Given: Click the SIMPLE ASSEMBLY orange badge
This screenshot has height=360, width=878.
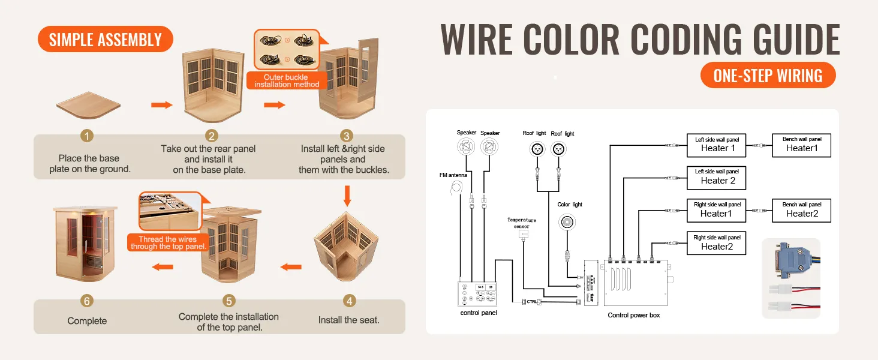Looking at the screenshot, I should (x=106, y=40).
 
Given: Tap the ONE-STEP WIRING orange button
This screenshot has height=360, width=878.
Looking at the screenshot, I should (x=768, y=76).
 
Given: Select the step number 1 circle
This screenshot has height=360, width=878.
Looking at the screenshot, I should (x=88, y=136).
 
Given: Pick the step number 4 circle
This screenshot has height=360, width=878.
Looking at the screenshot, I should (x=348, y=300).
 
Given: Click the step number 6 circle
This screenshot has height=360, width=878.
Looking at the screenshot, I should (x=87, y=300).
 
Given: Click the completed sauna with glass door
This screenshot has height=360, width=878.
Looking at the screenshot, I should (x=85, y=241).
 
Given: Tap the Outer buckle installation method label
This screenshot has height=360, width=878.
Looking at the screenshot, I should (x=287, y=81).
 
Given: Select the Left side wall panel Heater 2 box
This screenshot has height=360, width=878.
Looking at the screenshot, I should (x=716, y=177).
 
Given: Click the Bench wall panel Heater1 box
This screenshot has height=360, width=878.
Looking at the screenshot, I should (x=801, y=145).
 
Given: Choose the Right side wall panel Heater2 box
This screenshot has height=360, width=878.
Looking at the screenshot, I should (x=716, y=243).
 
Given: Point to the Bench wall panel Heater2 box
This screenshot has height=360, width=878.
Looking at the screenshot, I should (x=801, y=210).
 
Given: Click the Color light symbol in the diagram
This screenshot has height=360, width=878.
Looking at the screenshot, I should (x=567, y=223).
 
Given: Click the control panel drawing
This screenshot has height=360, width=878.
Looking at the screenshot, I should (x=477, y=293).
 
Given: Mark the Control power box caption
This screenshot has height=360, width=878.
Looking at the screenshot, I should (x=633, y=315).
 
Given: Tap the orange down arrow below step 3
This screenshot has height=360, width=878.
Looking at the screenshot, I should (x=347, y=196).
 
